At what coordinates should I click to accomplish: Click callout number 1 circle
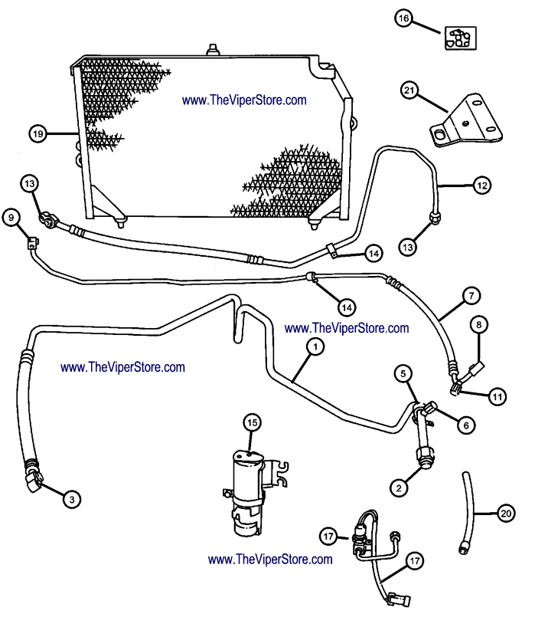tap(314, 346)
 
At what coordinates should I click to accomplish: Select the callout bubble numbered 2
tap(399, 486)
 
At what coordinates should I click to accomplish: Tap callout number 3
tap(71, 499)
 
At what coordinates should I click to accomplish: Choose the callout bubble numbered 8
tap(479, 325)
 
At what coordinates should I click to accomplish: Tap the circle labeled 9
tap(11, 218)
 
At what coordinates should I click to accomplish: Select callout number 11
tap(498, 396)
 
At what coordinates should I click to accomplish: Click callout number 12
tap(481, 185)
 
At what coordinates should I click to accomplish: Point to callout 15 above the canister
tap(253, 421)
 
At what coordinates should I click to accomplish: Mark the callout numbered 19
tap(38, 133)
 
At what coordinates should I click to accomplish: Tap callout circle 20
tap(504, 514)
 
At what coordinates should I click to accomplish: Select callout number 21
tap(409, 91)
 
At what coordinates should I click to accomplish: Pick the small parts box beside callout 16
tap(459, 38)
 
